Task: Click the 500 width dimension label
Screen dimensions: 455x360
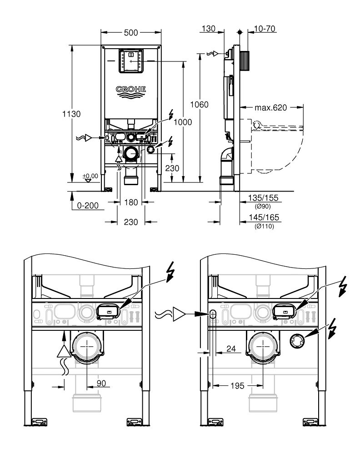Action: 130,33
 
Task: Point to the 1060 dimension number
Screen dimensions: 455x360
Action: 200,105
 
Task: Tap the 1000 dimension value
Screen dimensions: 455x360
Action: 182,122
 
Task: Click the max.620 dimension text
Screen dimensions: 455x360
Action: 270,108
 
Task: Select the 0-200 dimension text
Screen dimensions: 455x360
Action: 88,206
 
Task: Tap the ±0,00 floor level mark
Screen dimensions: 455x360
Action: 90,176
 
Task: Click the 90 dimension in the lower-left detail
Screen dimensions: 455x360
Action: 101,384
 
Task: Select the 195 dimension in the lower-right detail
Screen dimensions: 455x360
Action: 236,385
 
